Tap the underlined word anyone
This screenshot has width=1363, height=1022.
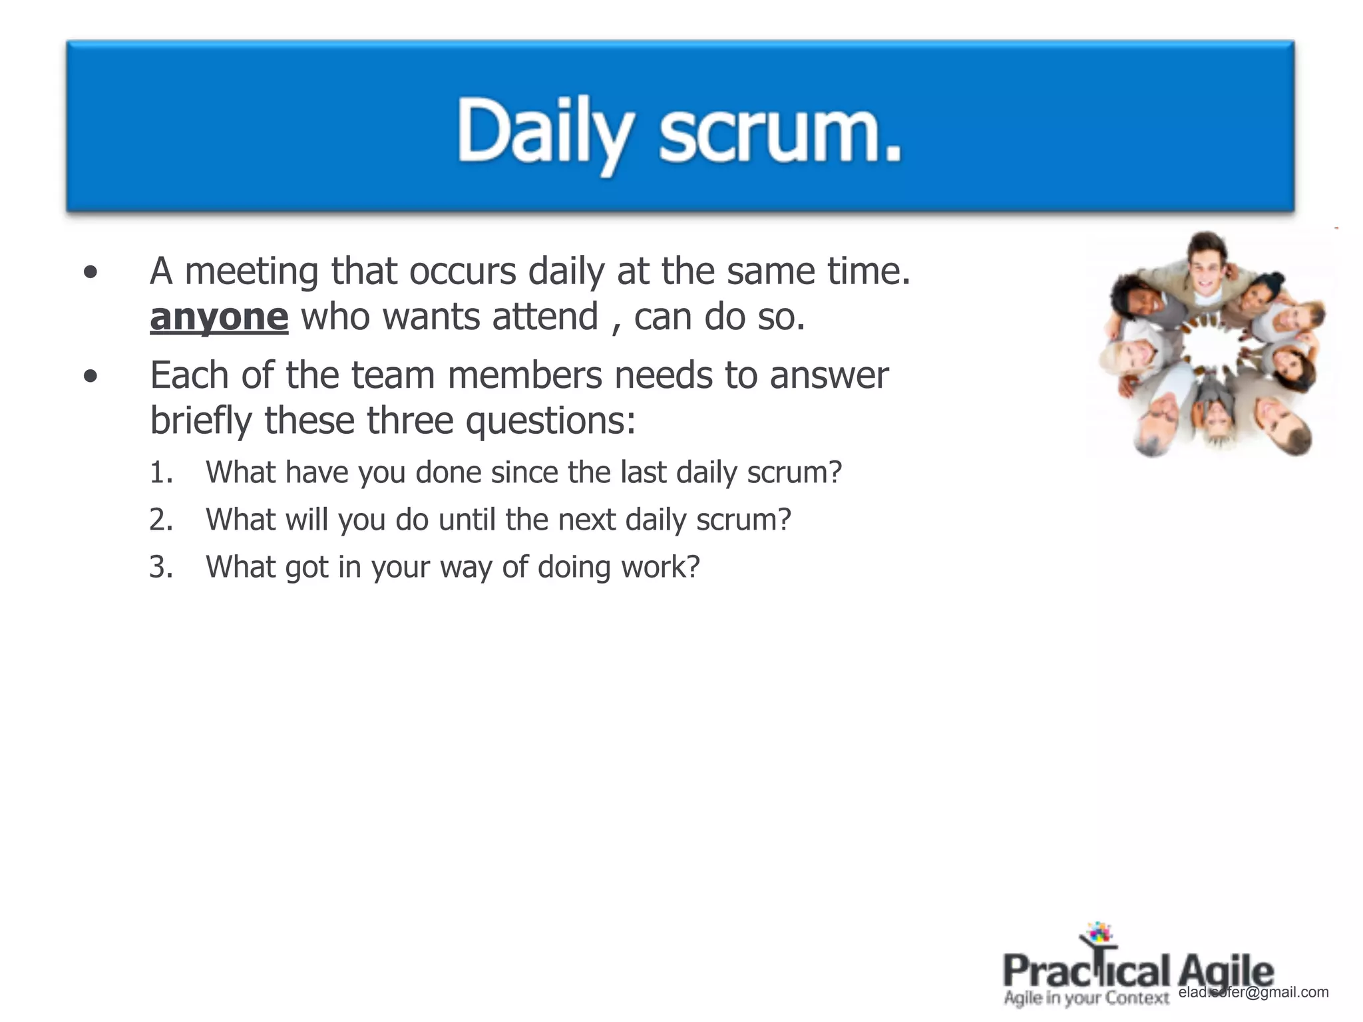[x=219, y=317]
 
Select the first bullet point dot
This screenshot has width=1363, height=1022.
[x=91, y=272]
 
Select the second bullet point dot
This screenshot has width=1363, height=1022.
[x=91, y=377]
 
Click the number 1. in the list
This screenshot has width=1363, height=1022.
[x=161, y=473]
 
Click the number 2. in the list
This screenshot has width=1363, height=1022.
[x=161, y=520]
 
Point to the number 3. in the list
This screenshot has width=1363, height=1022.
[x=161, y=568]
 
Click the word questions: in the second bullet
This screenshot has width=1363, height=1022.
[x=550, y=422]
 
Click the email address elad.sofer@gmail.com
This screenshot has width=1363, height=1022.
[x=1253, y=992]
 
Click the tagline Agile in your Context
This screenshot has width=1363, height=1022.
[x=1086, y=998]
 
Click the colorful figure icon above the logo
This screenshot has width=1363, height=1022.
[x=1098, y=935]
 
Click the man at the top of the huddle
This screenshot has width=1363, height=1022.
[x=1206, y=263]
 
